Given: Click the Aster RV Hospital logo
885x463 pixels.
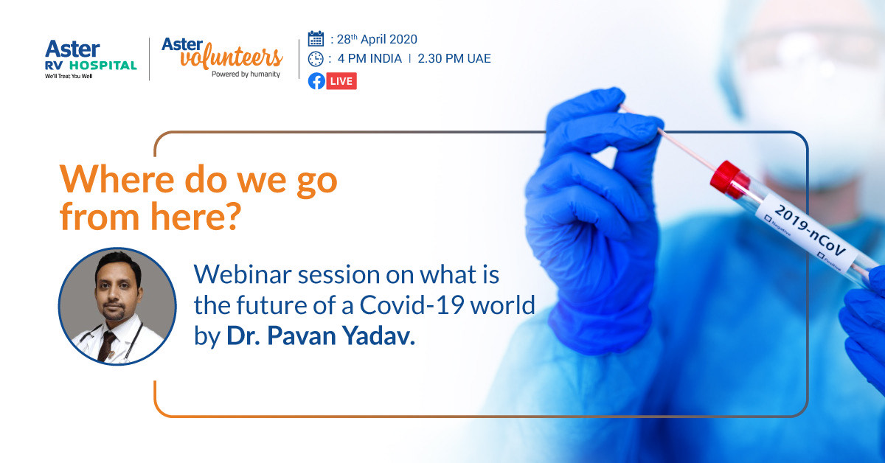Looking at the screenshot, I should tap(90, 58).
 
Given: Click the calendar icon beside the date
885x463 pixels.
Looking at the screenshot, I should tap(316, 39).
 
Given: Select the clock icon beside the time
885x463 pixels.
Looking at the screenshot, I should tap(316, 59).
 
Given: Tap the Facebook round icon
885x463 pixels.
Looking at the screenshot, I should tap(316, 80).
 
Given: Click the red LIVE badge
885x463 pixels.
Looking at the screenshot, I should tap(341, 80).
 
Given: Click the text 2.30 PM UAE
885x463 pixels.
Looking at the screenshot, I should tap(454, 59).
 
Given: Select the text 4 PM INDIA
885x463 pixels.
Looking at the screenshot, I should tap(369, 59).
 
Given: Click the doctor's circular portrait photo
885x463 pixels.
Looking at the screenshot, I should tap(117, 306).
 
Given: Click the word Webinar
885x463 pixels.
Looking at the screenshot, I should tap(237, 275).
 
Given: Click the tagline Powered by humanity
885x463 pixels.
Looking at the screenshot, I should tap(246, 74).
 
